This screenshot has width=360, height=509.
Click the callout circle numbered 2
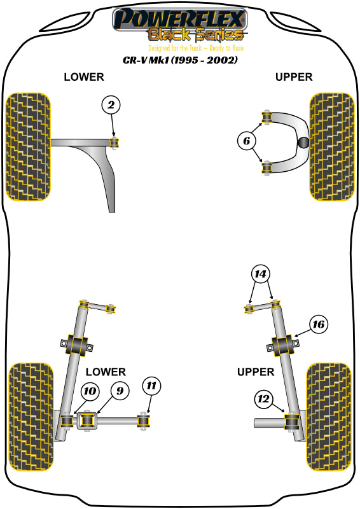(111, 105)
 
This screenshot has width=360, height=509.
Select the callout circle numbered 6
(247, 141)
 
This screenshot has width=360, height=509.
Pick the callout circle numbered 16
(319, 325)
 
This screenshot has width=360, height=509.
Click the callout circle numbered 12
(263, 400)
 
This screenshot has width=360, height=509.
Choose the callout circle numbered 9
(118, 390)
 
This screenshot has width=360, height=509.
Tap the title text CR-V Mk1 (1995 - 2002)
(180, 60)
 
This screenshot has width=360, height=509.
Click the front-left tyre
(28, 147)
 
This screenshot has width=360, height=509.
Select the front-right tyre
(331, 147)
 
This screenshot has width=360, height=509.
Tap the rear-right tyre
(328, 416)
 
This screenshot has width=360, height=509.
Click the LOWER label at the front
(83, 77)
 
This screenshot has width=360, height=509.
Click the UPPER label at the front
(294, 77)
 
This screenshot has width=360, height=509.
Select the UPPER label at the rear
(255, 372)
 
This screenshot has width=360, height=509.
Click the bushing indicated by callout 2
(114, 142)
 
